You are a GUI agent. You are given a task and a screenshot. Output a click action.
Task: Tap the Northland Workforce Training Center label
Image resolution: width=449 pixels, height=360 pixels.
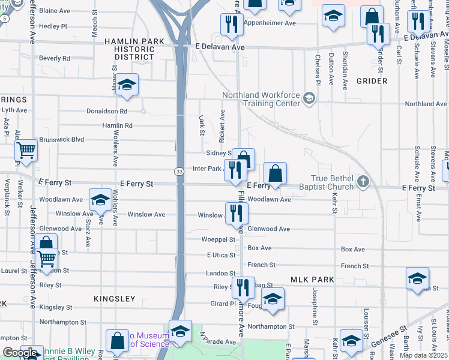261,99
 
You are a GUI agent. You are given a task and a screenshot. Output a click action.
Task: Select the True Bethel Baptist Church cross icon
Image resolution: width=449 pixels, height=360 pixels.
363,181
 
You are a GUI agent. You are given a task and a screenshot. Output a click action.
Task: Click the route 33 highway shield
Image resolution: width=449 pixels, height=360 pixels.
179,172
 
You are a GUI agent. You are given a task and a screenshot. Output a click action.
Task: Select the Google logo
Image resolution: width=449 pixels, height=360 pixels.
20,353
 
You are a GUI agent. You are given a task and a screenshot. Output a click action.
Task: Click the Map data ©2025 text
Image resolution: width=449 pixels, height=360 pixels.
423,355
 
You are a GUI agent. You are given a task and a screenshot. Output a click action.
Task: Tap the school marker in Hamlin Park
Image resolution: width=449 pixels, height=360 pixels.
127,85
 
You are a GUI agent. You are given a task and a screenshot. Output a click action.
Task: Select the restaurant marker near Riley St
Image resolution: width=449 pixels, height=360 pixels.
243,287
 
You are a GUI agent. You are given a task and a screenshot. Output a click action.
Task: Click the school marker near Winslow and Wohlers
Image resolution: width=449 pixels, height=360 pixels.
100,199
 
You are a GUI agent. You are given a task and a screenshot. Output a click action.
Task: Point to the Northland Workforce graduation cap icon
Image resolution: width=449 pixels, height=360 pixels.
309,98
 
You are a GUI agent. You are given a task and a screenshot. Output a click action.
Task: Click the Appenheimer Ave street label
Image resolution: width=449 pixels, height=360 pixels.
269,23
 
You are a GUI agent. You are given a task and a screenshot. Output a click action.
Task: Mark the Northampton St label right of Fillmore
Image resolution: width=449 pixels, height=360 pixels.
271,327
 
